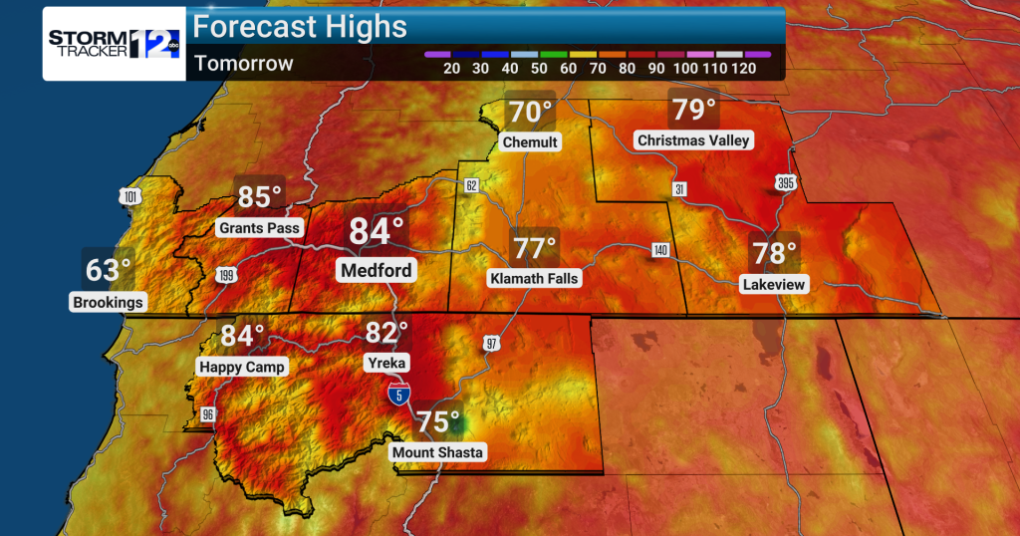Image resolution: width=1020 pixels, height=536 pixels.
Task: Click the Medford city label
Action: click(x=377, y=270)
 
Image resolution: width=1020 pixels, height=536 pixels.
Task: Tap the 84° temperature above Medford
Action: click(x=377, y=232)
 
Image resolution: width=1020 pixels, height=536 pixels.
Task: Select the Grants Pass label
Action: click(x=259, y=228)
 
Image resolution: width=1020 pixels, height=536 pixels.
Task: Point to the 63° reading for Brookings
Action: click(x=109, y=269)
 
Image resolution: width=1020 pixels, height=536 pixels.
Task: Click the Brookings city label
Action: click(x=109, y=302)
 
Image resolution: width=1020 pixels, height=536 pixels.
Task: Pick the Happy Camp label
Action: click(x=242, y=367)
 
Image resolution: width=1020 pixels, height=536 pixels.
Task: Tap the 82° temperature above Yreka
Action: click(x=387, y=333)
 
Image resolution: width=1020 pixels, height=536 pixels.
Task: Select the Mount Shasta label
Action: click(x=437, y=452)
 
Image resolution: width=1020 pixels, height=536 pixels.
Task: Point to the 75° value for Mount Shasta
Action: click(x=438, y=421)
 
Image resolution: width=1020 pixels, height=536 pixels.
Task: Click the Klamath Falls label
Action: click(x=534, y=279)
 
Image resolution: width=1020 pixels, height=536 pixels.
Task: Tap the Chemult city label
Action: click(x=530, y=142)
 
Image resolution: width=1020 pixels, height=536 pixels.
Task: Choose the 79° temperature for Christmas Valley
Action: click(x=694, y=109)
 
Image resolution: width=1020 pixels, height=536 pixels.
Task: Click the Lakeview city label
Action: click(x=774, y=285)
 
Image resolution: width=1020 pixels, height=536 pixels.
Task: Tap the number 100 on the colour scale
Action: click(x=685, y=68)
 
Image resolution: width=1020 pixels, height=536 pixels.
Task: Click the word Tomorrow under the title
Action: click(x=244, y=64)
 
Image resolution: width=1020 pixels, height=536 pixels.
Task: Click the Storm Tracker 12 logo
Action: click(x=115, y=43)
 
